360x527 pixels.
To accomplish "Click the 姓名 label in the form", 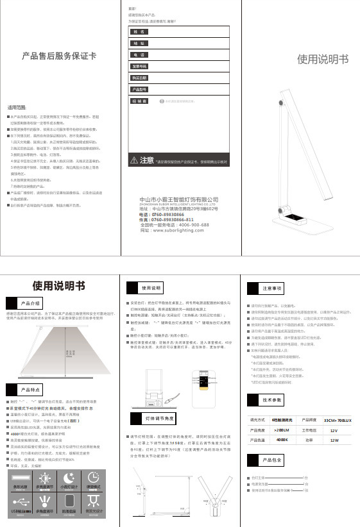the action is coord(137,31).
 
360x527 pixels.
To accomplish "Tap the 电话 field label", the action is coord(137,54).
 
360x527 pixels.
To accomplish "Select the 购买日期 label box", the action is coord(139,78).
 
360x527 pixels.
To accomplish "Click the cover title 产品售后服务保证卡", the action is coord(59,55).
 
